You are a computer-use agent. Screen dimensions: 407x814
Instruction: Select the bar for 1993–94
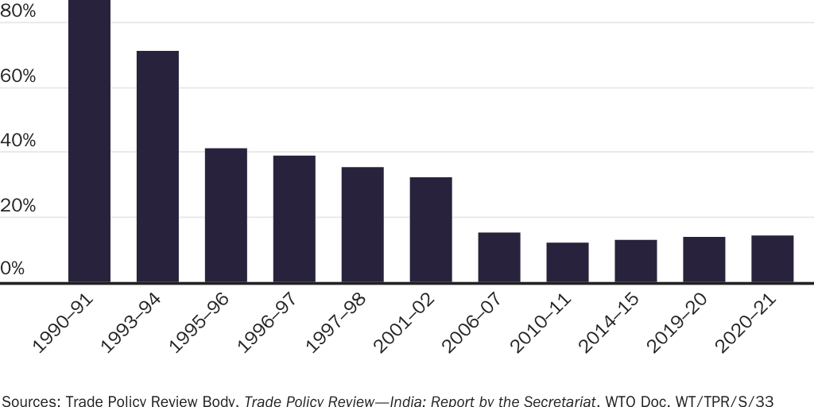[x=157, y=166]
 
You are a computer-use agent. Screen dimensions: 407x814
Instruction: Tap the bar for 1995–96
[x=226, y=215]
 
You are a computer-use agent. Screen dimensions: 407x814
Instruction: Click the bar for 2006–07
[x=499, y=257]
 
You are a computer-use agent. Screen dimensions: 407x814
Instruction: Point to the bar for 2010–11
[x=568, y=262]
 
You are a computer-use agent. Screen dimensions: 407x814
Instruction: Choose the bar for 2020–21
[x=773, y=258]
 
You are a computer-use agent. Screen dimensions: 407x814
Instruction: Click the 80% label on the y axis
[x=18, y=12]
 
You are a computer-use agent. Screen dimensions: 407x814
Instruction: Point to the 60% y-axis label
[x=18, y=76]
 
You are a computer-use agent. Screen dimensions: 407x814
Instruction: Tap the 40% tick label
[x=18, y=141]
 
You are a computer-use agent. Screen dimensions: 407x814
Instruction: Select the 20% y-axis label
[x=18, y=206]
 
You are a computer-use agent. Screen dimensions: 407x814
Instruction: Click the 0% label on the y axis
[x=14, y=269]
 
